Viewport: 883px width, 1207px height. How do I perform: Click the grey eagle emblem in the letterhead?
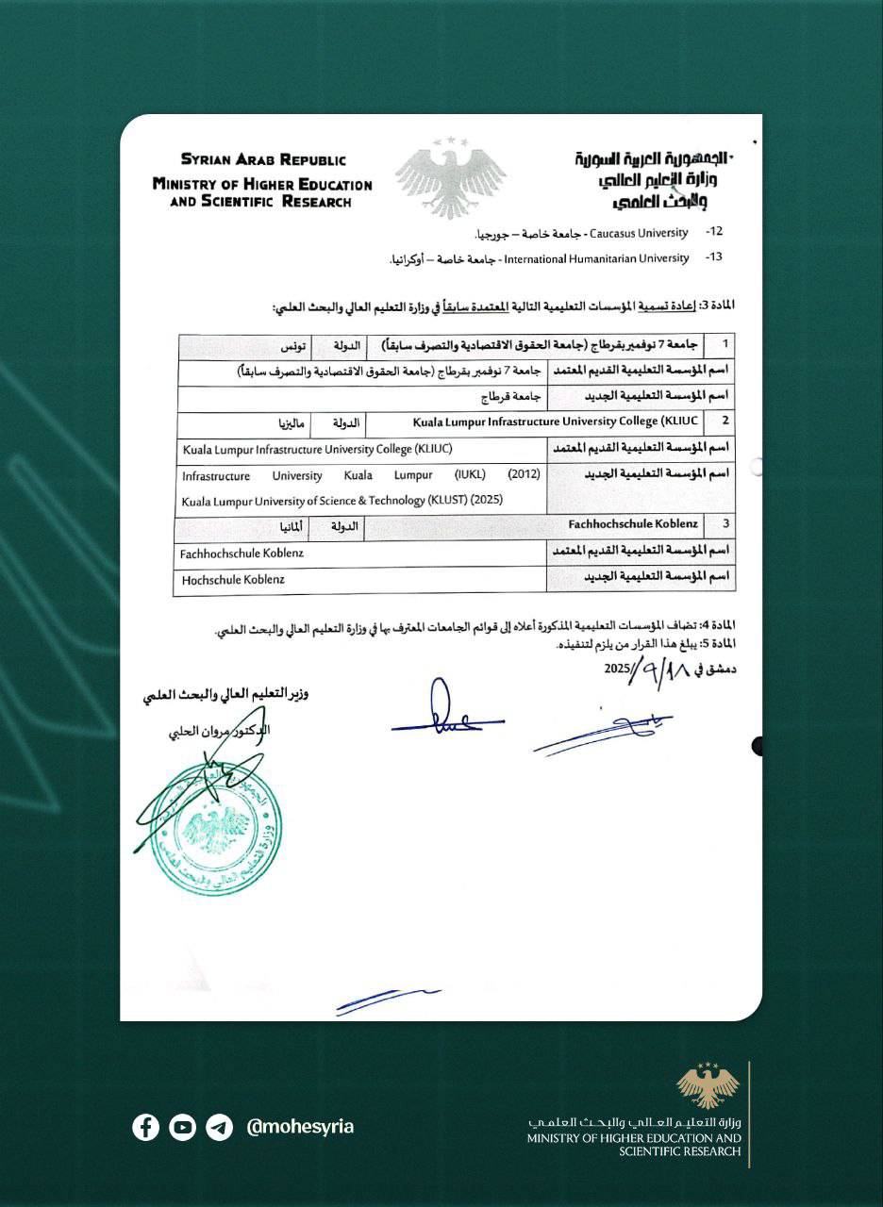pyautogui.click(x=451, y=177)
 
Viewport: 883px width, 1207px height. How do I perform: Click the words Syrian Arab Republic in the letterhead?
pyautogui.click(x=263, y=160)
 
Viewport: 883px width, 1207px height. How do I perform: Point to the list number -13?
pyautogui.click(x=713, y=258)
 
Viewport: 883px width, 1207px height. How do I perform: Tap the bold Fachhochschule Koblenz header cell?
pyautogui.click(x=633, y=522)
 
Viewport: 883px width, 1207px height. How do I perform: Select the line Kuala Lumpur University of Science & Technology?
pyautogui.click(x=342, y=501)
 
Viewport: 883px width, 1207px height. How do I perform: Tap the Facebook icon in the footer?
pyautogui.click(x=145, y=1127)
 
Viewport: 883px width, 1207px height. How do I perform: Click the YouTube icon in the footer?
pyautogui.click(x=182, y=1127)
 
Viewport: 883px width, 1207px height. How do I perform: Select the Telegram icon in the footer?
pyautogui.click(x=219, y=1127)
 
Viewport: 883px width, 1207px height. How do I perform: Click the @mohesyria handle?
pyautogui.click(x=299, y=1127)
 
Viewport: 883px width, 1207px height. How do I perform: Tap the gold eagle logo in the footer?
pyautogui.click(x=708, y=1086)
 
